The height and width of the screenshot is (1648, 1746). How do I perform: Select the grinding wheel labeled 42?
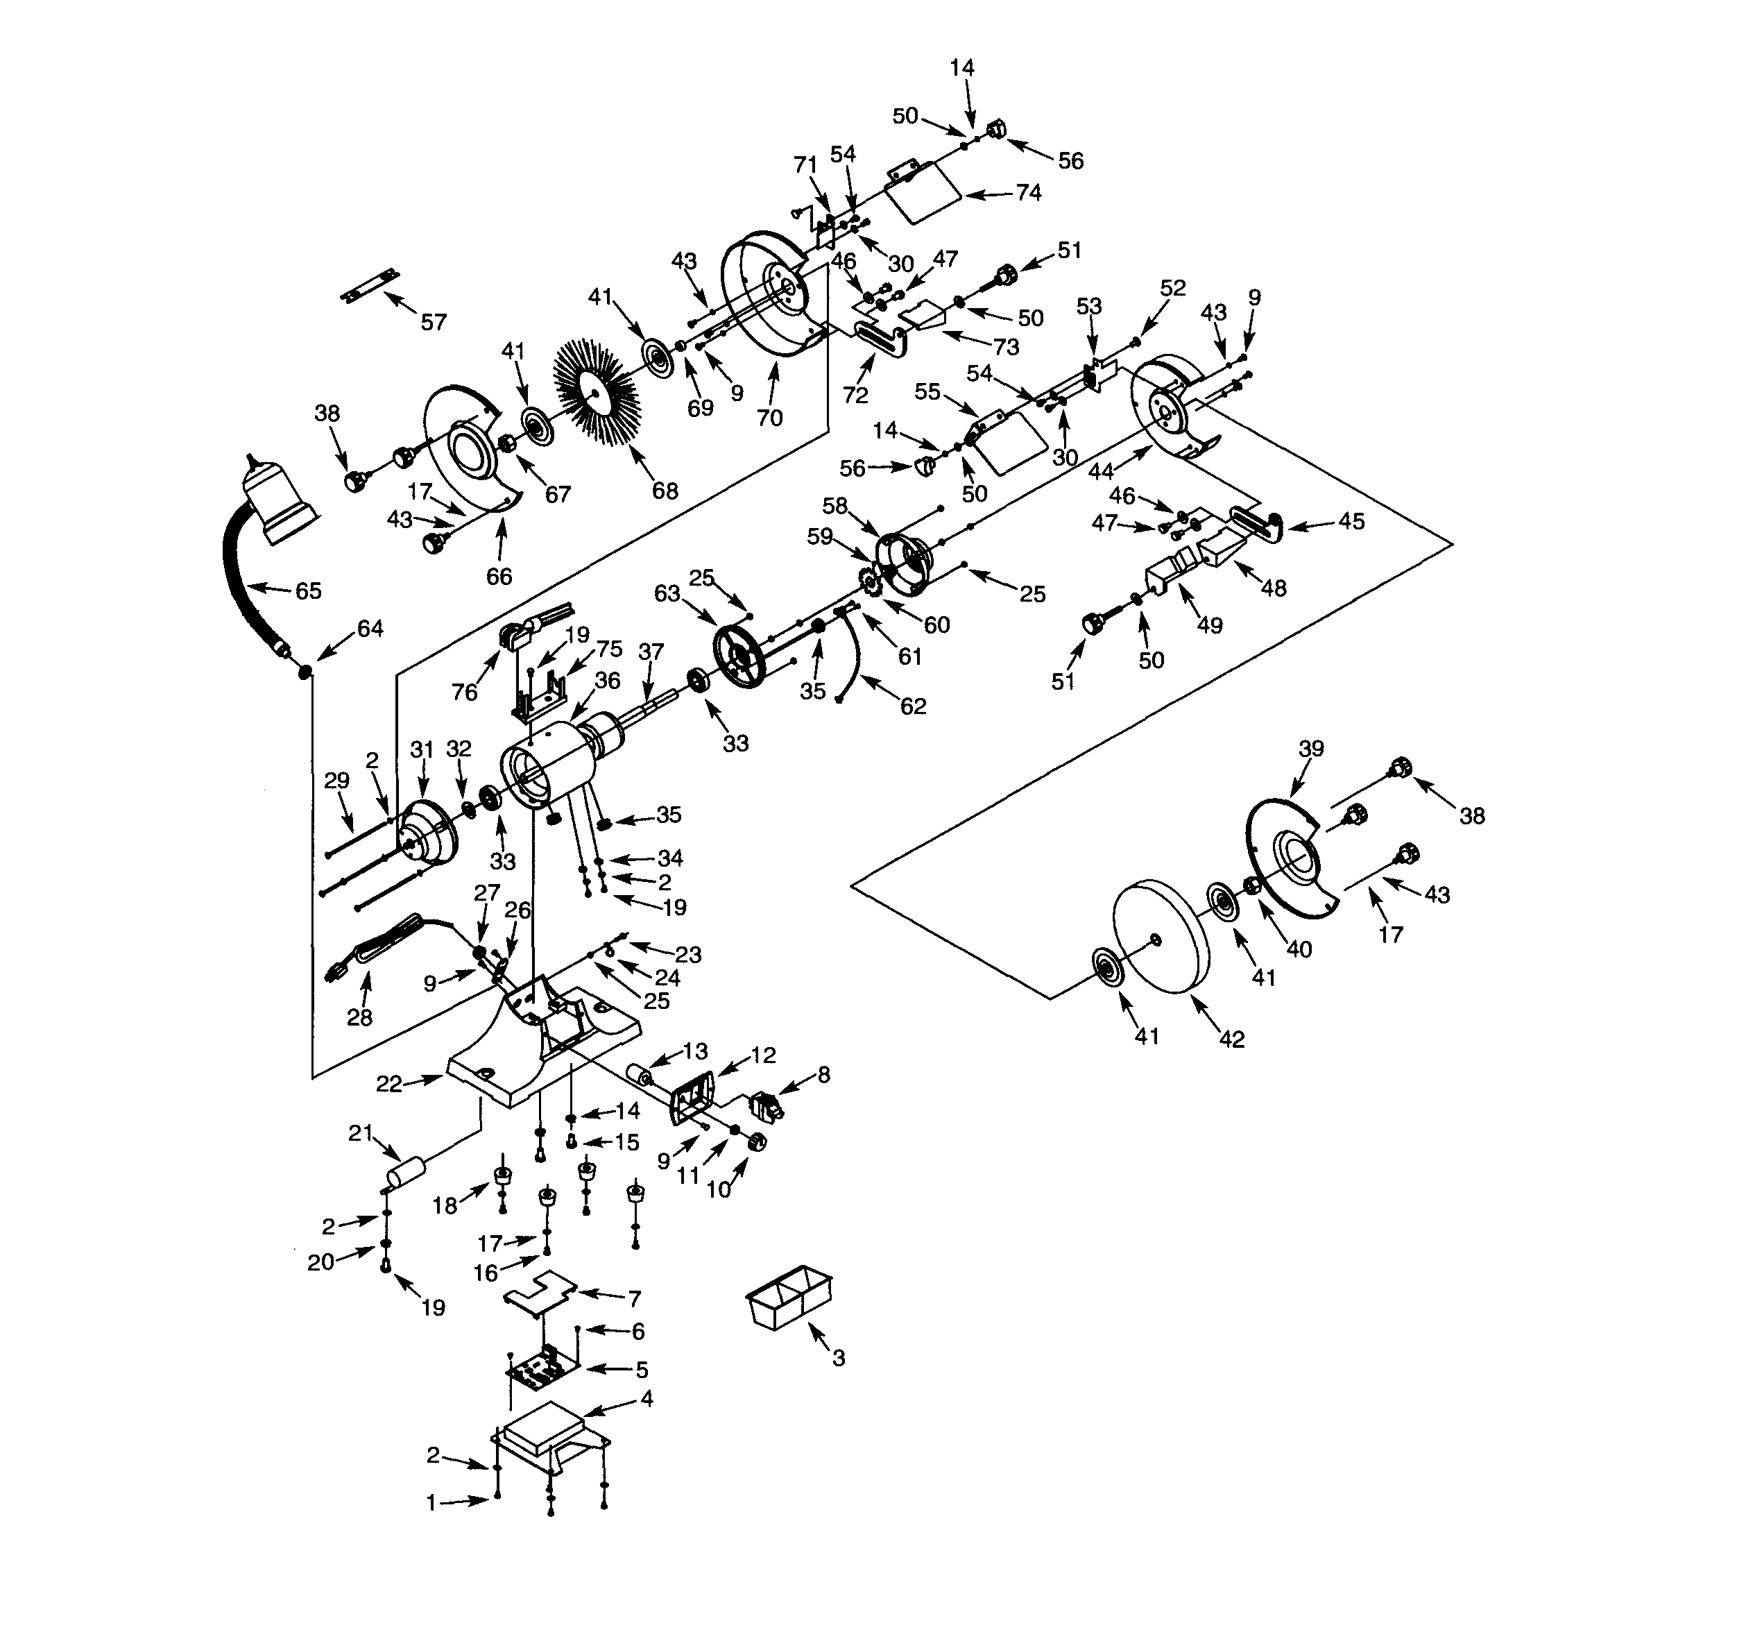pyautogui.click(x=1159, y=937)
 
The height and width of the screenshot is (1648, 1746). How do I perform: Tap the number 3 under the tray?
pyautogui.click(x=839, y=1358)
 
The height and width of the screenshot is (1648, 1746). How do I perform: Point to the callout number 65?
pyautogui.click(x=308, y=591)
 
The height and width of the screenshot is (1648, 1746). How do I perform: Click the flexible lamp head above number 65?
pyautogui.click(x=280, y=502)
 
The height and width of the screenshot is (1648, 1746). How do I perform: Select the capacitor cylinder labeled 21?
pyautogui.click(x=406, y=1173)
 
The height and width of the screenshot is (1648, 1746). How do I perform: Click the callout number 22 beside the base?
pyautogui.click(x=389, y=1084)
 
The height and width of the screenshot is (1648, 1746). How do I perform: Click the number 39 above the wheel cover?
pyautogui.click(x=1311, y=749)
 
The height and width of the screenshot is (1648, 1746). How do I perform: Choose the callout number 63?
pyautogui.click(x=667, y=594)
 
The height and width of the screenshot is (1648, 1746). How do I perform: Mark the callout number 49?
pyautogui.click(x=1210, y=625)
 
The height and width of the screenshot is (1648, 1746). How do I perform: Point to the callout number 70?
pyautogui.click(x=769, y=418)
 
